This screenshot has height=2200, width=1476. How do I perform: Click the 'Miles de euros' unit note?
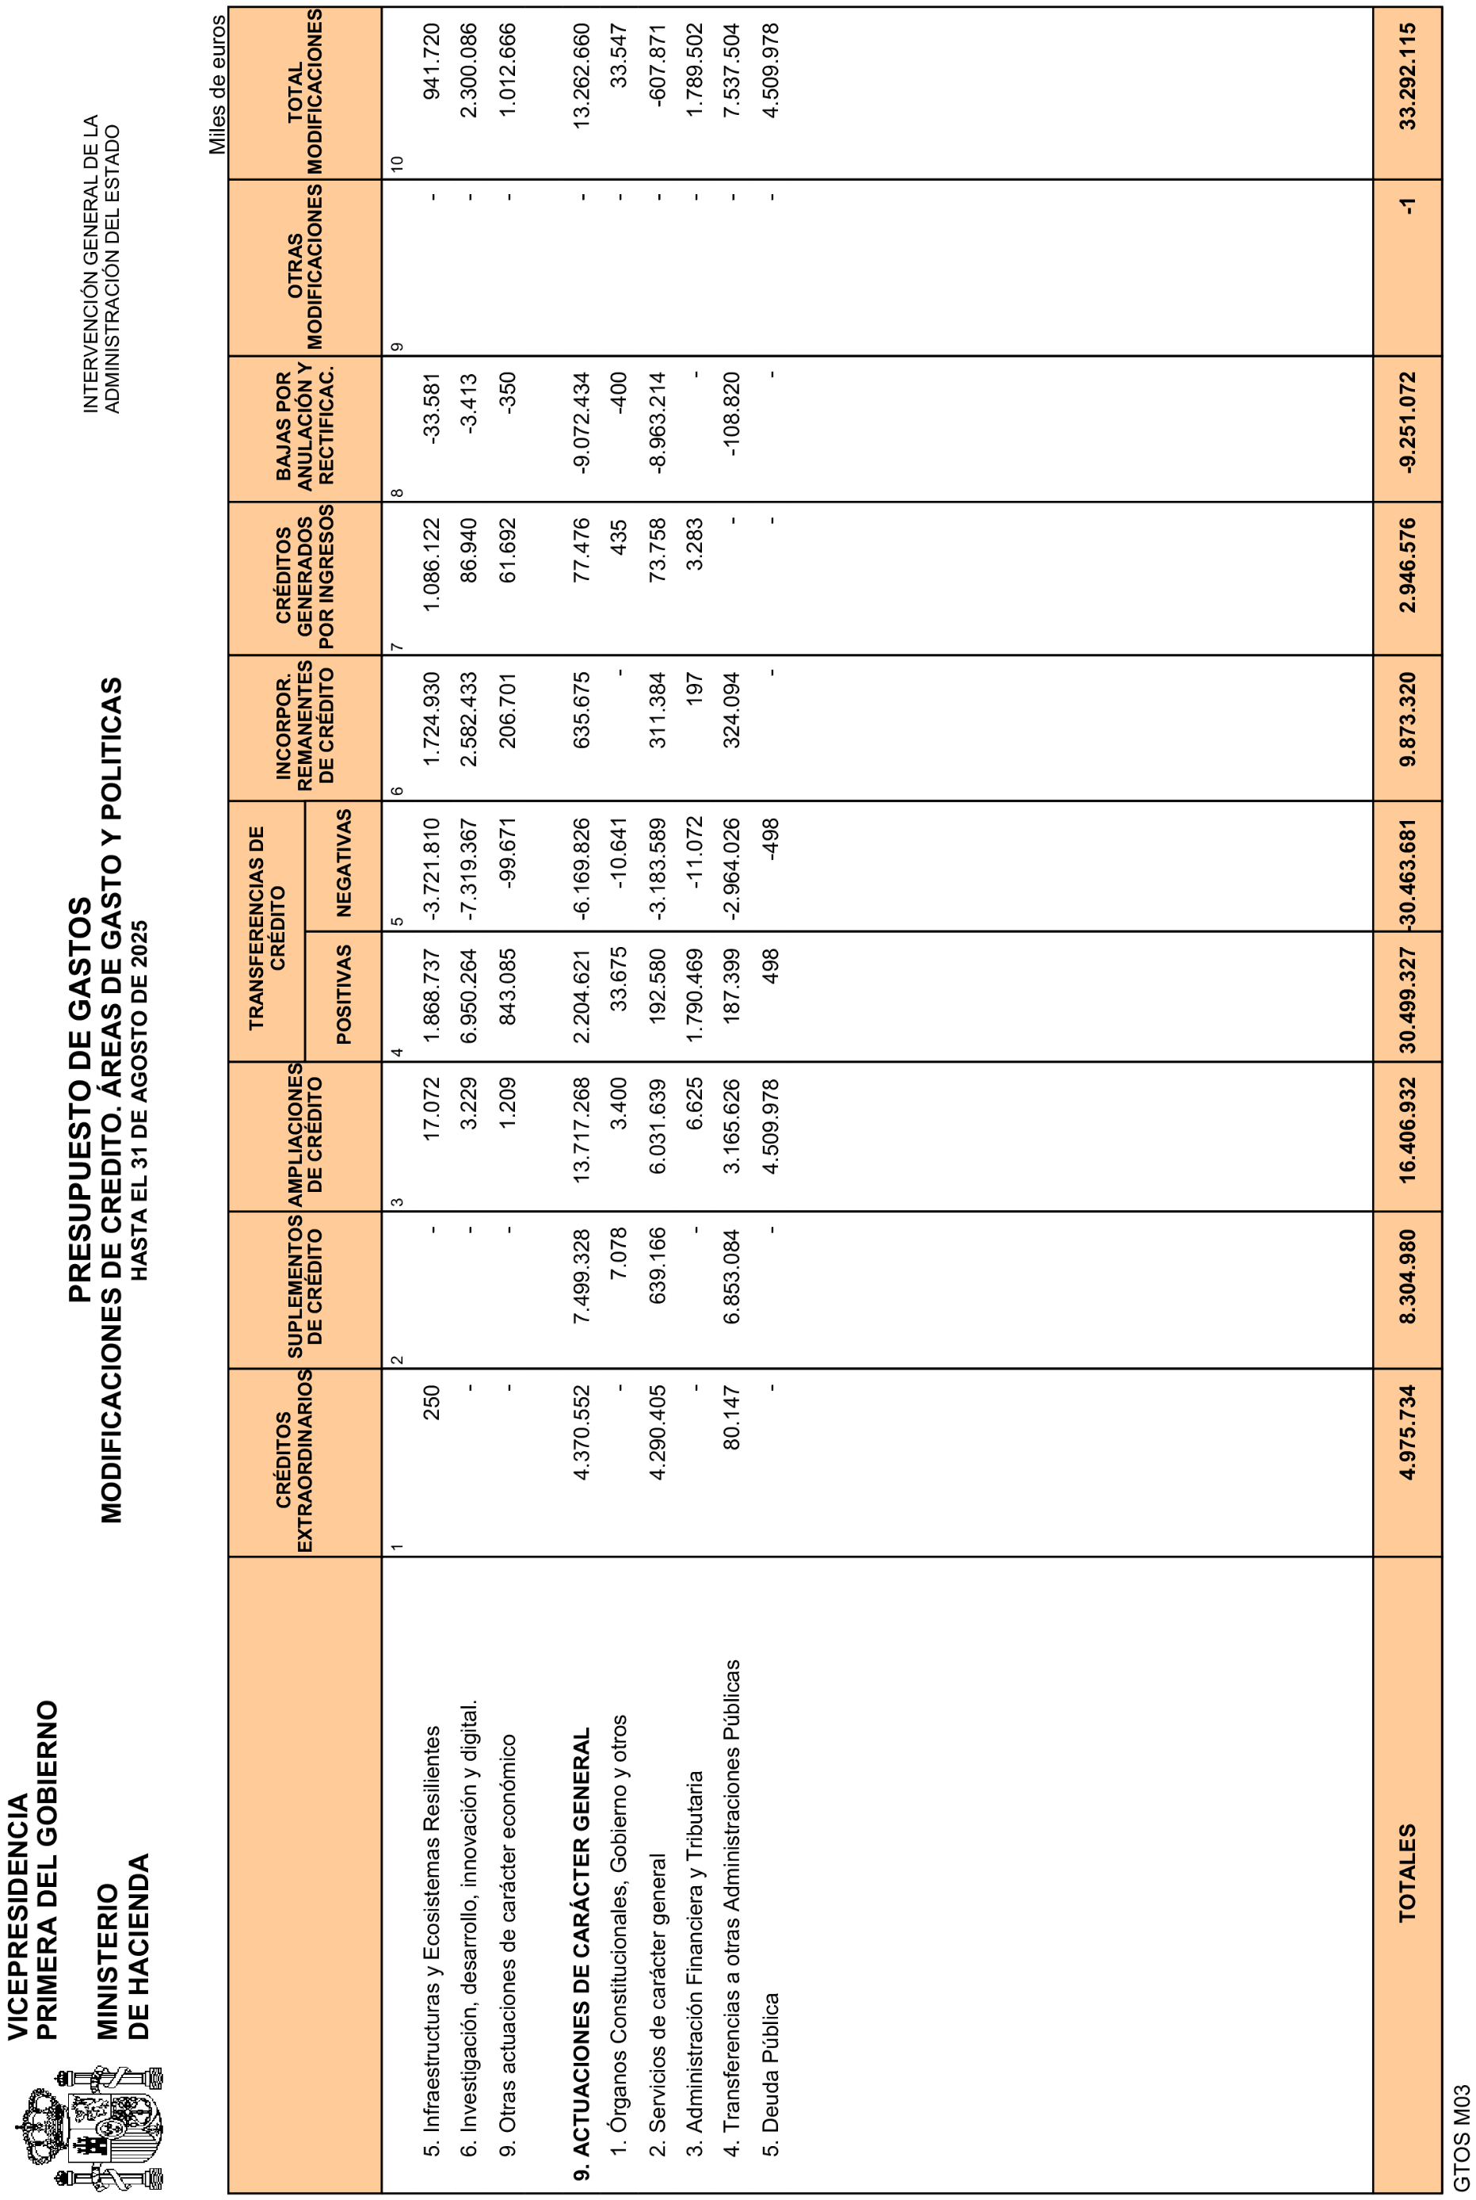pos(217,85)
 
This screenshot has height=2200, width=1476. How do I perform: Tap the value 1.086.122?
pos(431,565)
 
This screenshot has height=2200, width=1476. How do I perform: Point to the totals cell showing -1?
pos(1407,206)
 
